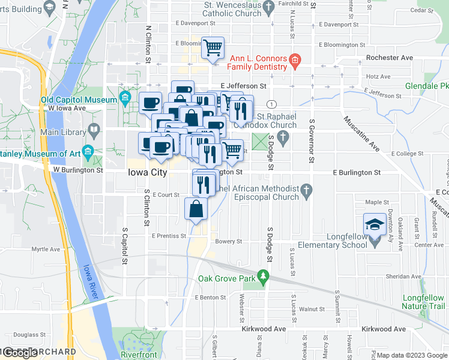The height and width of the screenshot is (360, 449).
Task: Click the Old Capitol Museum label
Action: (79, 100)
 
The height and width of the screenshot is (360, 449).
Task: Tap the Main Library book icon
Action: (94, 129)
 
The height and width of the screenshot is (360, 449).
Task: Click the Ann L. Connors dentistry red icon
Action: (295, 59)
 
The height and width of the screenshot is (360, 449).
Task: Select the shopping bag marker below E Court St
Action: (197, 209)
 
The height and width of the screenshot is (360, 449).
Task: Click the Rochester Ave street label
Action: (391, 58)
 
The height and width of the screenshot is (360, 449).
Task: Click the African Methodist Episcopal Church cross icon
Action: (307, 191)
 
